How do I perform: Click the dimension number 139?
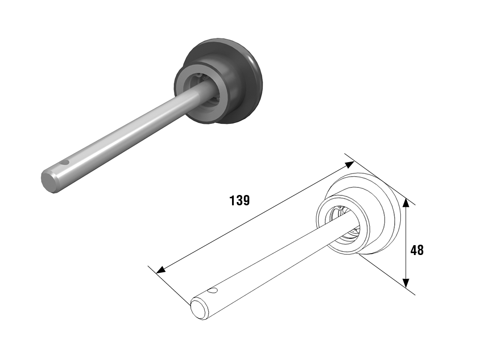pyautogui.click(x=240, y=200)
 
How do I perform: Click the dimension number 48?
pyautogui.click(x=417, y=250)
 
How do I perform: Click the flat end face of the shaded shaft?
pyautogui.click(x=49, y=182)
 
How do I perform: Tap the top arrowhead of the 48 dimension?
pyautogui.click(x=405, y=203)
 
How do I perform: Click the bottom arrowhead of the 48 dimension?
pyautogui.click(x=405, y=283)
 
